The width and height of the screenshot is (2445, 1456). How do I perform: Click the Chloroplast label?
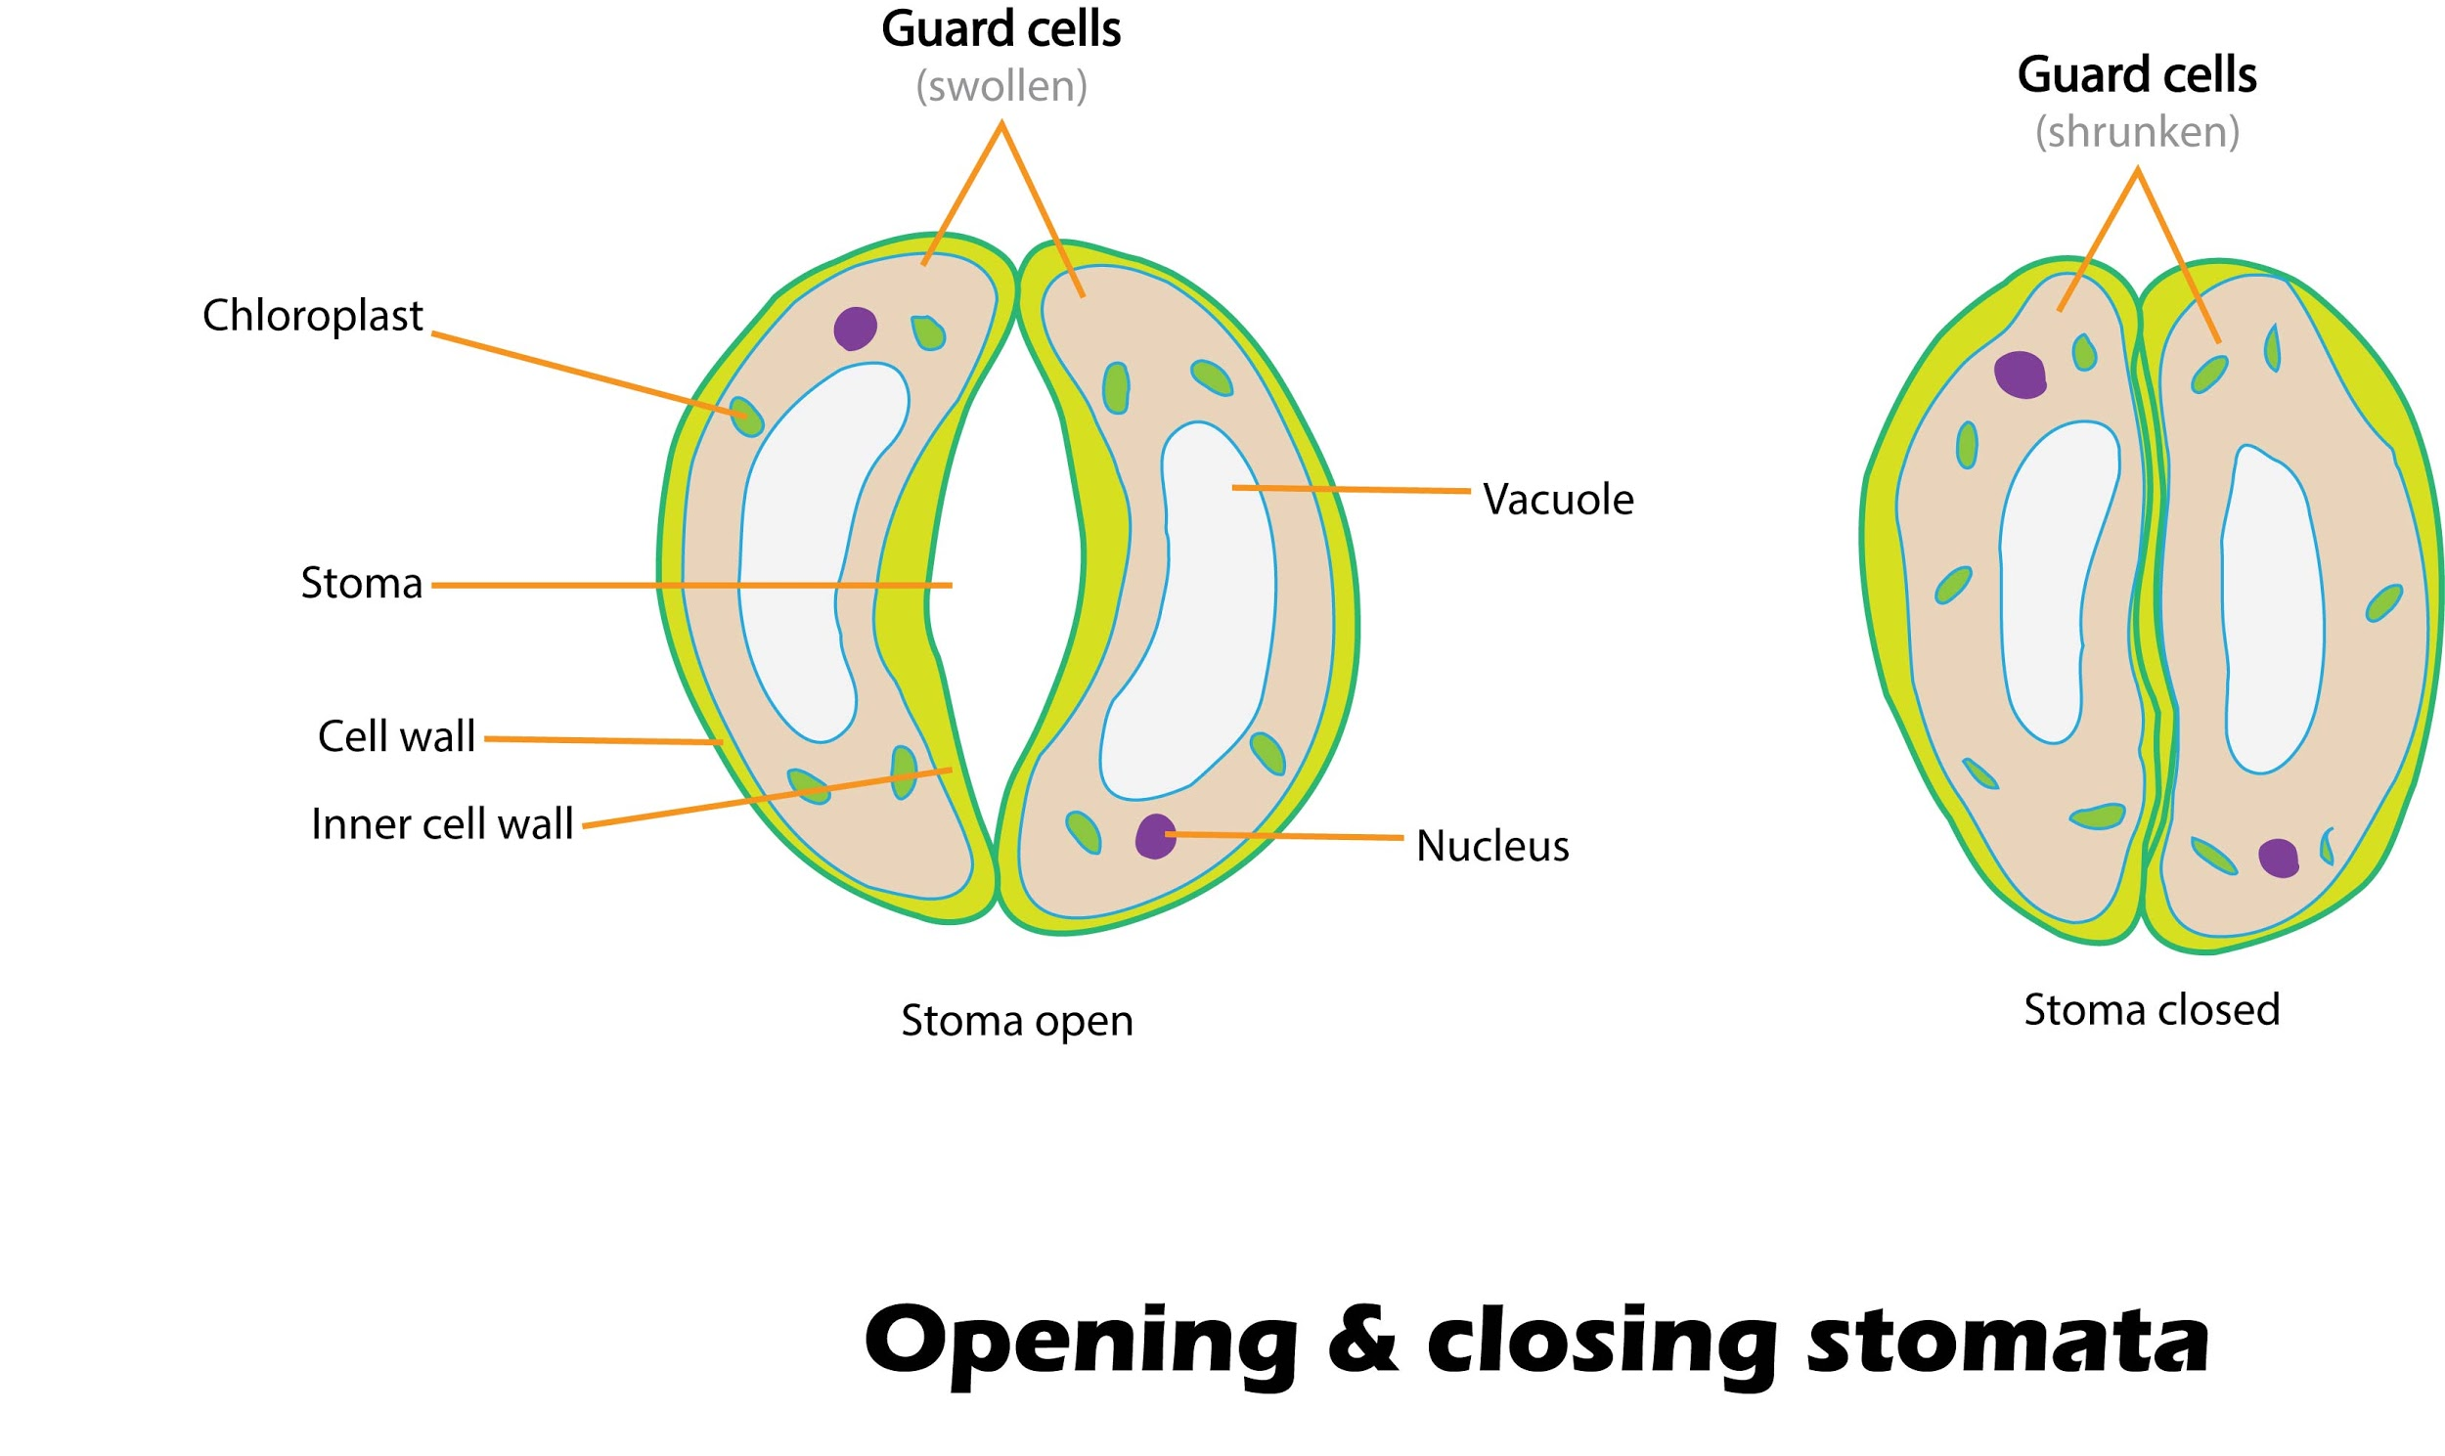(x=312, y=316)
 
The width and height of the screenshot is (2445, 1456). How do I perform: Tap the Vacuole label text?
(x=1557, y=500)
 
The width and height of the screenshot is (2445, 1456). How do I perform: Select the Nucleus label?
(x=1491, y=846)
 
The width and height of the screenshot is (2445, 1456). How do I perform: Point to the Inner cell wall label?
(x=441, y=824)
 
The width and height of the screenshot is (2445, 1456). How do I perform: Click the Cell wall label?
(x=396, y=737)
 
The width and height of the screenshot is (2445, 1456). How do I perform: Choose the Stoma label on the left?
(x=361, y=584)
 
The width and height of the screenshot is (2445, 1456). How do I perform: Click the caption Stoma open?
(x=1016, y=1021)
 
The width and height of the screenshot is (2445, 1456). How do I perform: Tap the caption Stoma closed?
(x=2151, y=1009)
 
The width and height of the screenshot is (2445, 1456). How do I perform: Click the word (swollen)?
(x=1000, y=86)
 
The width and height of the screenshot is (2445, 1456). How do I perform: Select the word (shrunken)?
(x=2137, y=132)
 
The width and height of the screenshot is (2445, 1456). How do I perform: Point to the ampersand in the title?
(x=1361, y=1342)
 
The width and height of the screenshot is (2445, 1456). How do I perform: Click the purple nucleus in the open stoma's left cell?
(x=855, y=329)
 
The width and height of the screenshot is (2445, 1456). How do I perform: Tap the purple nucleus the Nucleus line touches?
(x=1155, y=836)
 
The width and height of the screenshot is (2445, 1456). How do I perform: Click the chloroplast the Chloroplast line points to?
(x=746, y=417)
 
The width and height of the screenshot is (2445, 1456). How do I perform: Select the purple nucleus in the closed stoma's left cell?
(x=2021, y=375)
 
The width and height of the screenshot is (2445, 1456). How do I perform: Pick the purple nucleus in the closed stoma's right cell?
(x=2277, y=858)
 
